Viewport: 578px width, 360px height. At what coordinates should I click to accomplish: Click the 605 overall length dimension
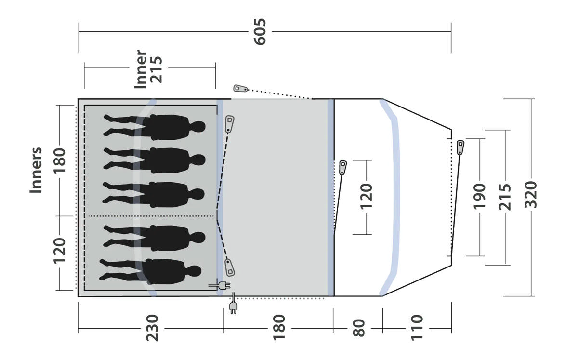pyautogui.click(x=260, y=32)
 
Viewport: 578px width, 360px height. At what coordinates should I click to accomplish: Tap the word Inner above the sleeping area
pyautogui.click(x=141, y=69)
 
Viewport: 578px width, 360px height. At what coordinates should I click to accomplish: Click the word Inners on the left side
pyautogui.click(x=36, y=170)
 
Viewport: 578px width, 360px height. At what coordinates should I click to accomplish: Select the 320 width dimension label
pyautogui.click(x=531, y=195)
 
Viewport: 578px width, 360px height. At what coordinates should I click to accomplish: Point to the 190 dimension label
pyautogui.click(x=479, y=196)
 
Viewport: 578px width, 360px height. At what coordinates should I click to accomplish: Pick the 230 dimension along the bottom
pyautogui.click(x=152, y=328)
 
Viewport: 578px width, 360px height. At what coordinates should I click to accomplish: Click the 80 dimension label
pyautogui.click(x=359, y=328)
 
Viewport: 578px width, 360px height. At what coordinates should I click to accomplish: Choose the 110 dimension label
pyautogui.click(x=417, y=327)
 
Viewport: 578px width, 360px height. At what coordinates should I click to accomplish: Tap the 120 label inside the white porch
pyautogui.click(x=367, y=196)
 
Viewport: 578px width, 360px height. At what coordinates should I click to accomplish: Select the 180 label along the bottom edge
pyautogui.click(x=279, y=327)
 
